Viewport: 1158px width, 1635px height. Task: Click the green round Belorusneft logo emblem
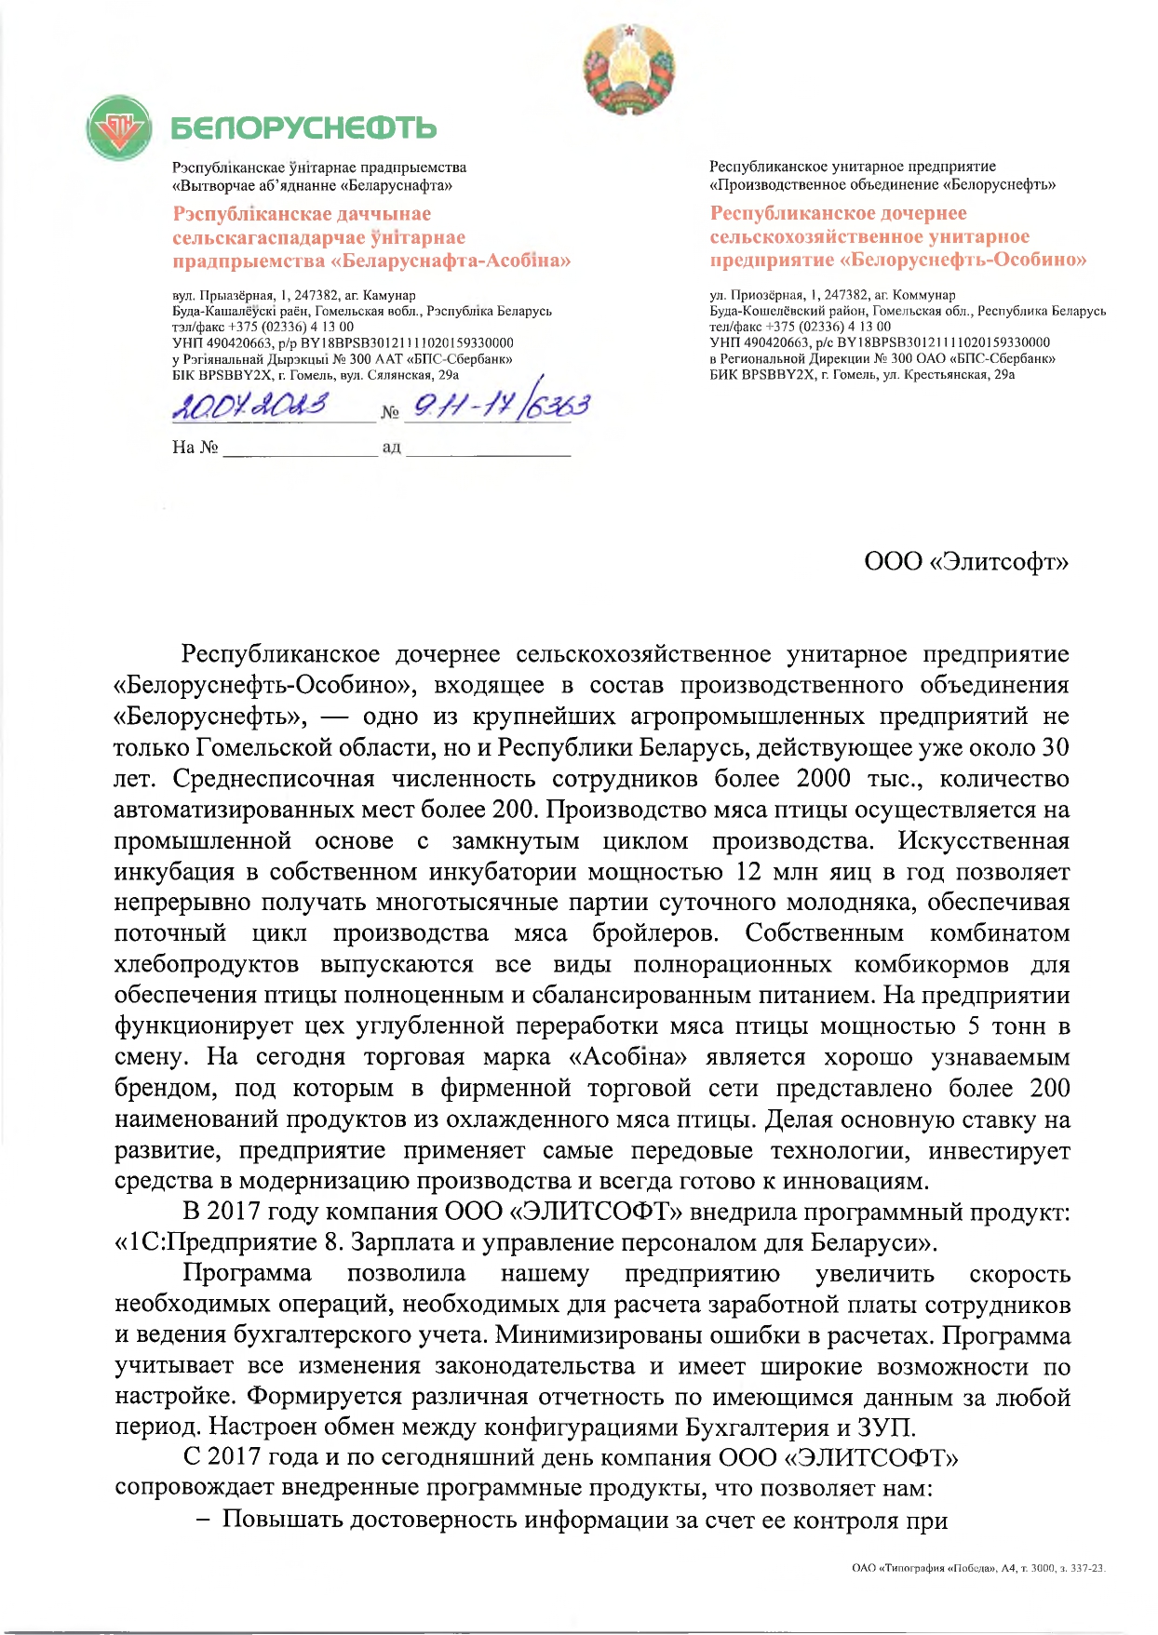pos(119,127)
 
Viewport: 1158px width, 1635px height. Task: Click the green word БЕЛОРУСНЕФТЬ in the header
pos(303,128)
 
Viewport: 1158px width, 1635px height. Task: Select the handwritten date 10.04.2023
pos(252,407)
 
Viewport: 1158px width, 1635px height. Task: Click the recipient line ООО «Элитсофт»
pos(966,562)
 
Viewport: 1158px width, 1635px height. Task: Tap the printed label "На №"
pos(195,448)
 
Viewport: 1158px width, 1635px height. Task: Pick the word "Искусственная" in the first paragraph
pos(983,841)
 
